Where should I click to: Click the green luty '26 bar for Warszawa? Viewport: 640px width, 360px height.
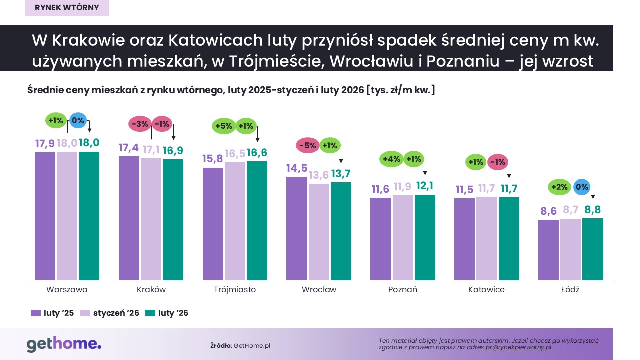[89, 216]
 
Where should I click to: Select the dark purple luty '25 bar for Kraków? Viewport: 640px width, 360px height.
[129, 218]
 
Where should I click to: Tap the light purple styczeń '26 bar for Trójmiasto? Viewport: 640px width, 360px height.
[235, 221]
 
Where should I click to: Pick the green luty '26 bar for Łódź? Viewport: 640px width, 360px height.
[593, 249]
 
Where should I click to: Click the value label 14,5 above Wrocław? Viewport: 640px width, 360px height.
[297, 168]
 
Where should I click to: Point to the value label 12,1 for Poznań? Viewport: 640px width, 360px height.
[425, 186]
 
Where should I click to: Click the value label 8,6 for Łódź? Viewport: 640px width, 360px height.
[549, 211]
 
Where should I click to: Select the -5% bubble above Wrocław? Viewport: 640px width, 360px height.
[307, 146]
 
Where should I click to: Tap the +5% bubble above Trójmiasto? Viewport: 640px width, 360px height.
[223, 126]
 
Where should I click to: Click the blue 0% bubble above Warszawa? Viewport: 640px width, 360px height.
[78, 120]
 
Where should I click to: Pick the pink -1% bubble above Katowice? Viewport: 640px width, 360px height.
[497, 162]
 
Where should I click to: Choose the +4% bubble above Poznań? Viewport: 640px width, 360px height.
[391, 159]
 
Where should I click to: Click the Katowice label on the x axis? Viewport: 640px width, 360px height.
[486, 290]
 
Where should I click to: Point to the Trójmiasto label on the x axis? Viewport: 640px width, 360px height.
[235, 290]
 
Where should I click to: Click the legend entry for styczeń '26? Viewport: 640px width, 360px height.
[110, 313]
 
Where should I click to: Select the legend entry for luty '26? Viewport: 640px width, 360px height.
[167, 313]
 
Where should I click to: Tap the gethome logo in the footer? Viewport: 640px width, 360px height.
[64, 344]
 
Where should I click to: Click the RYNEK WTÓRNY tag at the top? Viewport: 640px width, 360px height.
[67, 8]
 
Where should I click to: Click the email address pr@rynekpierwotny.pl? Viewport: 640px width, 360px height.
[518, 347]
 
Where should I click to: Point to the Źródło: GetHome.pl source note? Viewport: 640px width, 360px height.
[240, 346]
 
